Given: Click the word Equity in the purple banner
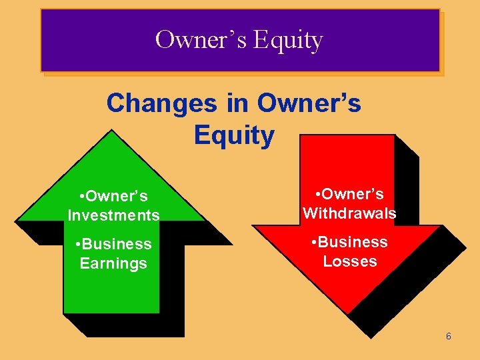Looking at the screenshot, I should tap(289, 41).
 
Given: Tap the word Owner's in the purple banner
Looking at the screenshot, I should tap(201, 40).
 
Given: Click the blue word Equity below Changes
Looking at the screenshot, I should tap(234, 135).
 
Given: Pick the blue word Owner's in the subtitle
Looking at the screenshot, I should tap(309, 103).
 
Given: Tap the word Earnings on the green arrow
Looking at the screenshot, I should tap(113, 263).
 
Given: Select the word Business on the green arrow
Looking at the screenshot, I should tap(118, 244).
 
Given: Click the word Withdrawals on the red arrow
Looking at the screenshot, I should tap(349, 213).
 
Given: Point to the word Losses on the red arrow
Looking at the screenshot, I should tap(350, 261).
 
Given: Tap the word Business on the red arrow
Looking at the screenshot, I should tap(354, 242).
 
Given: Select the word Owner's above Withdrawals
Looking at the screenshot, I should tap(353, 194).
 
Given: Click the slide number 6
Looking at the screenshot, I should tap(449, 337).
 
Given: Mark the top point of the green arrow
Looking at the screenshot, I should tap(111, 131).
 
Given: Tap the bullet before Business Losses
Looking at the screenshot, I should tap(315, 242).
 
